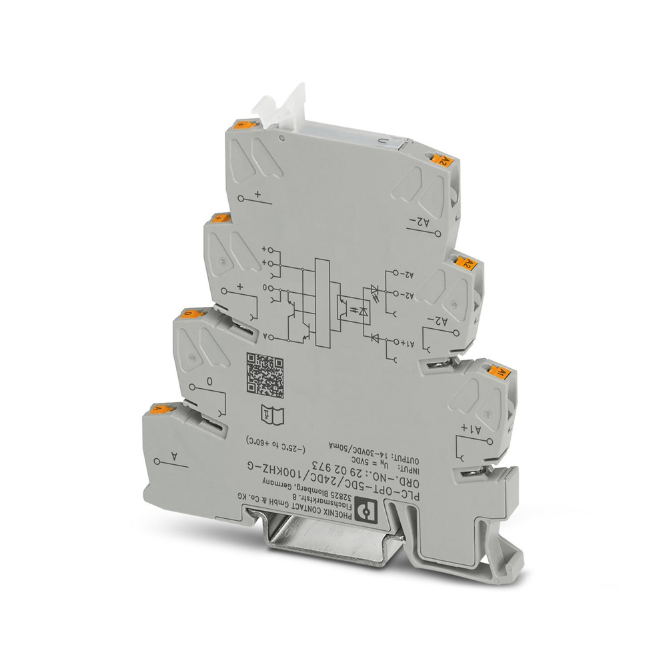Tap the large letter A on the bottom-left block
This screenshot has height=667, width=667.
click(x=175, y=457)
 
